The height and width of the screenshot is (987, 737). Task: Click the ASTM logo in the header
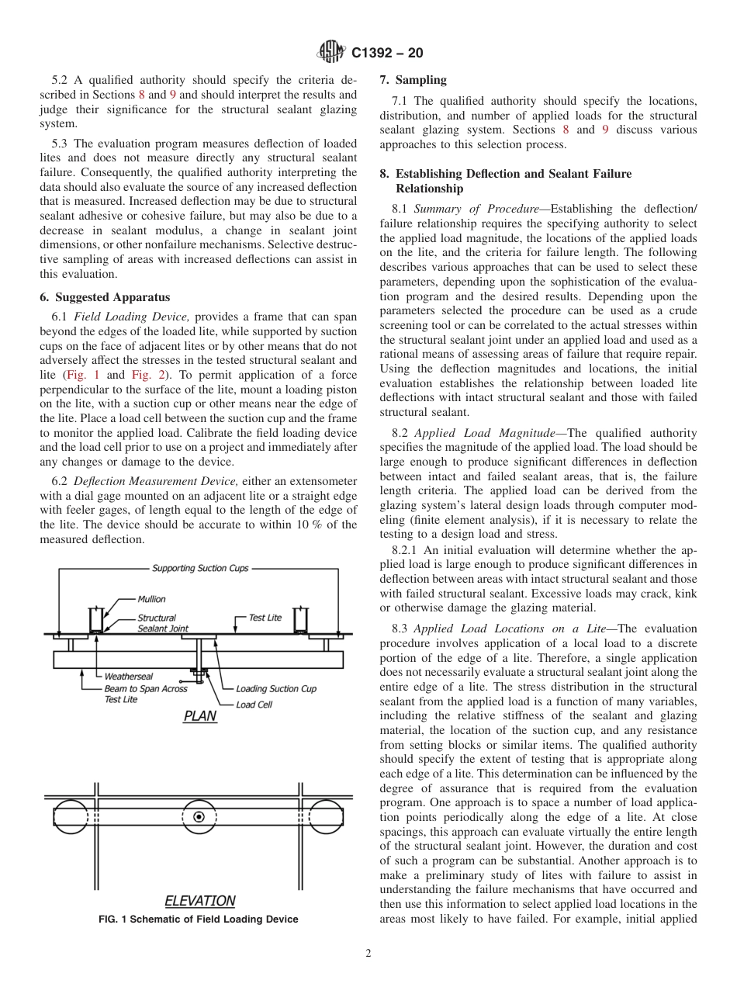click(x=330, y=54)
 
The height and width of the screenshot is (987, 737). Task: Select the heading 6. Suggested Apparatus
click(x=105, y=297)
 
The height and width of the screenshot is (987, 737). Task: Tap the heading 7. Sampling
click(x=413, y=80)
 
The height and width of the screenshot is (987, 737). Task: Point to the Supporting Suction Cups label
click(x=200, y=568)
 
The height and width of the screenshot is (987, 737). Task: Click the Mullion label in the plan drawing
click(x=151, y=599)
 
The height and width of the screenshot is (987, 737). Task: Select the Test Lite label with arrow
click(x=265, y=618)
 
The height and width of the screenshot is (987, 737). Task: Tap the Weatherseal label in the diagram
click(x=129, y=677)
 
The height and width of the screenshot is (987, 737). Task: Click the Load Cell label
click(x=255, y=705)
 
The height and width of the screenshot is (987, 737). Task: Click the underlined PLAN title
click(x=199, y=717)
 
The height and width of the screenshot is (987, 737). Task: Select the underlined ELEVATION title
click(x=199, y=901)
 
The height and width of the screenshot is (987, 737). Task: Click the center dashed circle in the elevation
click(x=199, y=816)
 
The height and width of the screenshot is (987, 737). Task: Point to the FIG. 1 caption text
click(x=199, y=919)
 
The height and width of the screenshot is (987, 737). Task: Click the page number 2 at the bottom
click(x=368, y=954)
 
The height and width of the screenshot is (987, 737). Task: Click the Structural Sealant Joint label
click(x=162, y=623)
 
